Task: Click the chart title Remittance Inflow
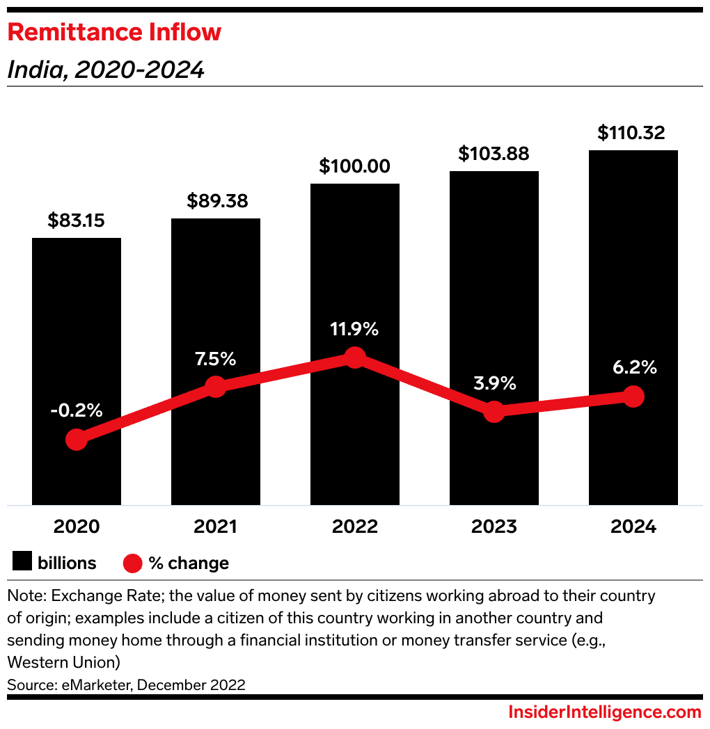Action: point(114,33)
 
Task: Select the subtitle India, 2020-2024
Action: point(106,70)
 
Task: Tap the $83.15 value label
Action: point(77,221)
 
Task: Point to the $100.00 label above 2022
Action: point(355,167)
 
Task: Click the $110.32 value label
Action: point(632,132)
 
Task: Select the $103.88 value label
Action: point(494,154)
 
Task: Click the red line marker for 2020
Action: point(77,440)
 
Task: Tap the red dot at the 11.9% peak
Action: point(355,358)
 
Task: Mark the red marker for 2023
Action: point(494,411)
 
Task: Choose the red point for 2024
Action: point(633,396)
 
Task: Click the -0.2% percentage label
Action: point(77,410)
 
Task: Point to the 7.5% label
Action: point(216,360)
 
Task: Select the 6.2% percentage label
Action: point(633,367)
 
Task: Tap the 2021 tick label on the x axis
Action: point(216,527)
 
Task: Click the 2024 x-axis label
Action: point(633,527)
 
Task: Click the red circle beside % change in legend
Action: point(132,563)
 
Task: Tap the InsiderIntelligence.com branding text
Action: point(605,712)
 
